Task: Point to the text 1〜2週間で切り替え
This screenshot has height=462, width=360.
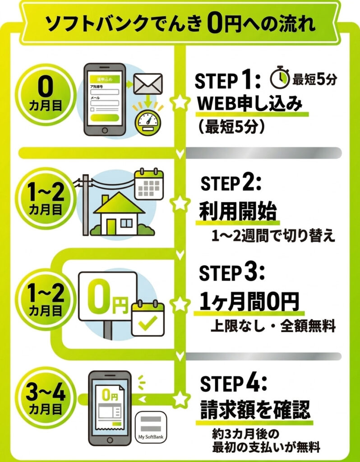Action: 274,236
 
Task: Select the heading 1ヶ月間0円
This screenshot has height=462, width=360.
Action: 249,301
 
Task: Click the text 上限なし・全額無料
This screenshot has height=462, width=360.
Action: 273,326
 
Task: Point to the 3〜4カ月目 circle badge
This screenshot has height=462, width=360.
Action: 45,397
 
